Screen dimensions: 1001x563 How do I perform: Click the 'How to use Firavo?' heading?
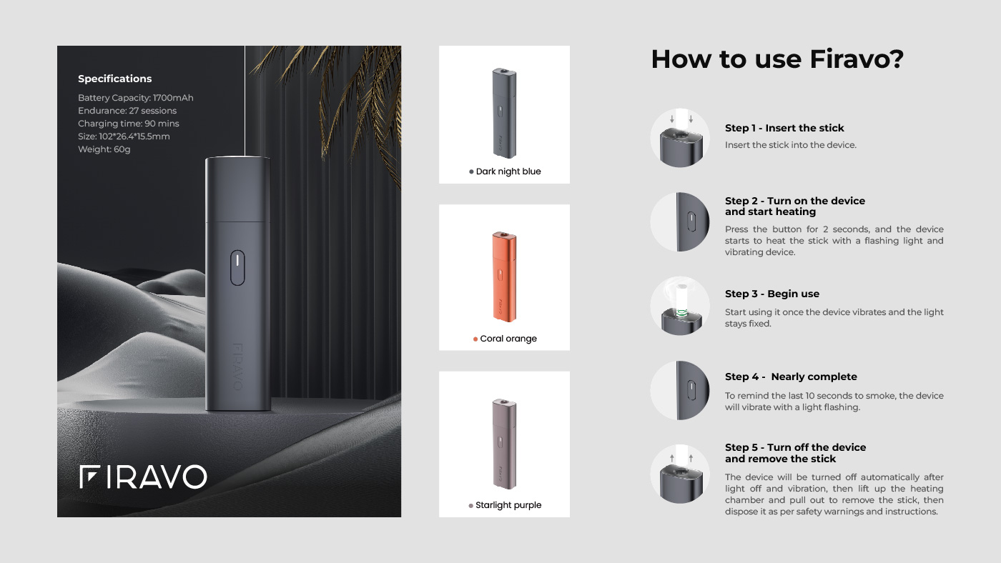(x=777, y=59)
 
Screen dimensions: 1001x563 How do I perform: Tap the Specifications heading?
(x=115, y=79)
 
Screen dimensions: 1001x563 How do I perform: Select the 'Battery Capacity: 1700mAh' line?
(x=135, y=98)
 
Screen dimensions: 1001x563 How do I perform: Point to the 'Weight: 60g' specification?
(x=104, y=149)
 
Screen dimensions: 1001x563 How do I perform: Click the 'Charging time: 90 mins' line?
(x=128, y=123)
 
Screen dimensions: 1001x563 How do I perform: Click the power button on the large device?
(x=237, y=267)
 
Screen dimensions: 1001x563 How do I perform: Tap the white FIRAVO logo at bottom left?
(x=143, y=477)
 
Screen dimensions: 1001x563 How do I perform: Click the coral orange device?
(x=504, y=276)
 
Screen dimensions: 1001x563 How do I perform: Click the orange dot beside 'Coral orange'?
(x=475, y=339)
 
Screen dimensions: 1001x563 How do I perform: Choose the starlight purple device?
(x=504, y=444)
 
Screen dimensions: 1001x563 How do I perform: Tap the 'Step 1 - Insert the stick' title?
(x=784, y=128)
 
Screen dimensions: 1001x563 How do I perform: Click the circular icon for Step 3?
(x=680, y=306)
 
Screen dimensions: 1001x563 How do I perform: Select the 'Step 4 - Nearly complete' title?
(x=791, y=377)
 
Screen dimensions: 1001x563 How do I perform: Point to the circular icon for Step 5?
(x=680, y=474)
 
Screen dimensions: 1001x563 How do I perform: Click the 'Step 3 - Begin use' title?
(x=771, y=294)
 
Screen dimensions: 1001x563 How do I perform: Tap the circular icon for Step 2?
(x=680, y=222)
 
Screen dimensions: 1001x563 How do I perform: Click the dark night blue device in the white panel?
(x=504, y=113)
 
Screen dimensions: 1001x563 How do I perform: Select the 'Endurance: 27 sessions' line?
(x=127, y=111)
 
